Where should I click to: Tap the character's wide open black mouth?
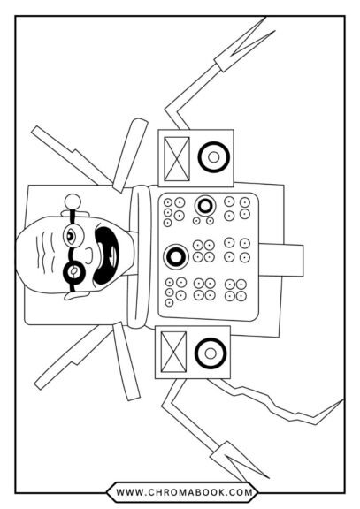pyautogui.click(x=106, y=254)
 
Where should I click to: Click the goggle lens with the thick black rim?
pyautogui.click(x=74, y=270)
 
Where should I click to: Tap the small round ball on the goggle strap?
pyautogui.click(x=73, y=201)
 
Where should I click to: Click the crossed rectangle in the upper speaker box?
pyautogui.click(x=177, y=159)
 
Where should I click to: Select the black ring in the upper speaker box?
pyautogui.click(x=214, y=157)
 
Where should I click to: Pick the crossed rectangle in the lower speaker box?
pyautogui.click(x=174, y=352)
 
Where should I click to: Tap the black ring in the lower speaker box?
pyautogui.click(x=211, y=353)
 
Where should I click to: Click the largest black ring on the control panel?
pyautogui.click(x=176, y=256)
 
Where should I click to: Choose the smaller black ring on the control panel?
pyautogui.click(x=205, y=206)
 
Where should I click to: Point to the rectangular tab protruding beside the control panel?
pyautogui.click(x=281, y=260)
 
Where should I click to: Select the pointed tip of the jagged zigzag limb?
pyautogui.click(x=343, y=399)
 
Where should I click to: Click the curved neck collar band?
pyautogui.click(x=141, y=256)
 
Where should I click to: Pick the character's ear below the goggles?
pyautogui.click(x=75, y=295)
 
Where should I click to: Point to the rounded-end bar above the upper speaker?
pyautogui.click(x=130, y=156)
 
